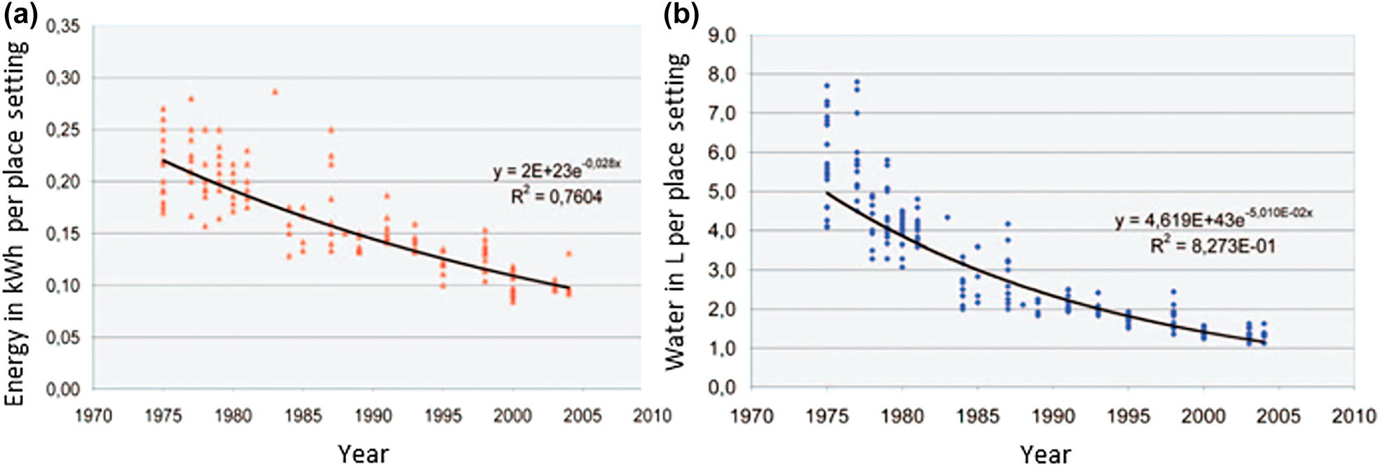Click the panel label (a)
click(20, 15)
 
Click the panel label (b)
click(681, 15)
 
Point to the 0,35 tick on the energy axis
click(63, 27)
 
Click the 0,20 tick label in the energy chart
click(63, 182)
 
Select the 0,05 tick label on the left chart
click(63, 337)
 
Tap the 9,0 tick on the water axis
click(722, 34)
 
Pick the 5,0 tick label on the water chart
click(722, 191)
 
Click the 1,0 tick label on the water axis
click(722, 348)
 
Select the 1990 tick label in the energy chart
click(373, 416)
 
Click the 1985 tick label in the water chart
click(978, 416)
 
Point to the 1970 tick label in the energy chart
click(93, 416)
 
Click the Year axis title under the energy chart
click(363, 454)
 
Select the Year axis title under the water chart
click(1045, 454)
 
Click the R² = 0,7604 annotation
click(556, 197)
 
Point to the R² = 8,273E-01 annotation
click(1212, 246)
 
